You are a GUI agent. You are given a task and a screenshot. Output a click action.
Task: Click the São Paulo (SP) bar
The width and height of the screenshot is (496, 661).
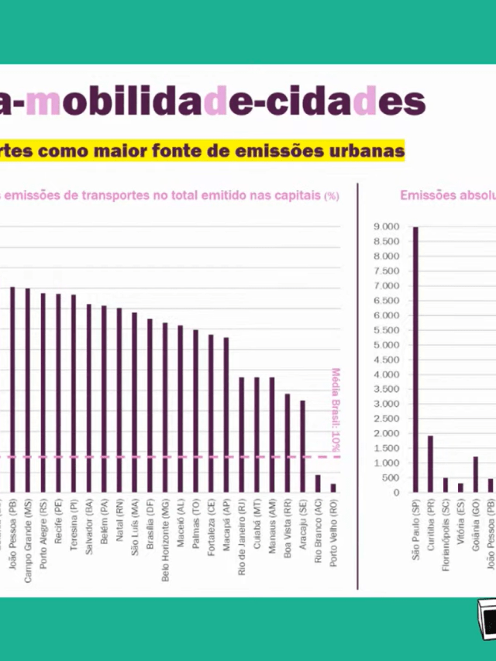pos(415,360)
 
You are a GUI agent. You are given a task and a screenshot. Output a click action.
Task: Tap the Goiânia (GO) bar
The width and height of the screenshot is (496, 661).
pos(475,474)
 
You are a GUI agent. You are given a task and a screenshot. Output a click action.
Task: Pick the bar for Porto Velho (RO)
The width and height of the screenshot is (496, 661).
pos(333,487)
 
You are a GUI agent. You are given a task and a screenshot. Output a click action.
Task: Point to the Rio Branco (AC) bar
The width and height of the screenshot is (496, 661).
pos(318,483)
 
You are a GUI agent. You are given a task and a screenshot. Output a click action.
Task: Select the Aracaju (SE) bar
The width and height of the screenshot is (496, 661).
pos(302,446)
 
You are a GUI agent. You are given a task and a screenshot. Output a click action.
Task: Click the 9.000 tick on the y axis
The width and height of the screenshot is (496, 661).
pos(386,227)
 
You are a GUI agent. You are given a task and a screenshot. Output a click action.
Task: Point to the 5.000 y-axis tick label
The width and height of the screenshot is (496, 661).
pos(386,345)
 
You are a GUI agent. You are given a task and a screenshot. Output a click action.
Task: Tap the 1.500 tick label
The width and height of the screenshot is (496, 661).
pos(386,448)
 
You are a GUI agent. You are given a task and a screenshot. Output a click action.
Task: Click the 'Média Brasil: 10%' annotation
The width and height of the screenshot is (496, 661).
pos(336,410)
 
